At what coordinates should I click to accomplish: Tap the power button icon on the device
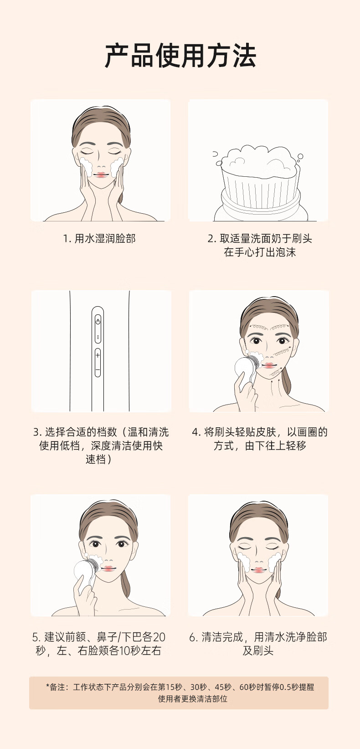[98, 321]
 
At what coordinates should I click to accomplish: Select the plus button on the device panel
[98, 355]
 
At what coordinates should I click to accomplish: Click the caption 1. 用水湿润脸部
[99, 238]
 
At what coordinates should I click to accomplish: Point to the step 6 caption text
[258, 644]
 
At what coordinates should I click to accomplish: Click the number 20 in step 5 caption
[159, 637]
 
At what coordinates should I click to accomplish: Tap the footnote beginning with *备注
[180, 693]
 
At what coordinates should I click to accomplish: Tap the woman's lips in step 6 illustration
[258, 570]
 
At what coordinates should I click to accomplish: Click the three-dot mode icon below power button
[98, 338]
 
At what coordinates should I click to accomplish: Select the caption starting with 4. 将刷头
[260, 439]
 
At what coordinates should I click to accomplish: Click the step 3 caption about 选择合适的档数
[101, 446]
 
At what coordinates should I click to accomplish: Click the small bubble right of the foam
[300, 156]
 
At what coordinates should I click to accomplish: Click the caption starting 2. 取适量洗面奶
[260, 245]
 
